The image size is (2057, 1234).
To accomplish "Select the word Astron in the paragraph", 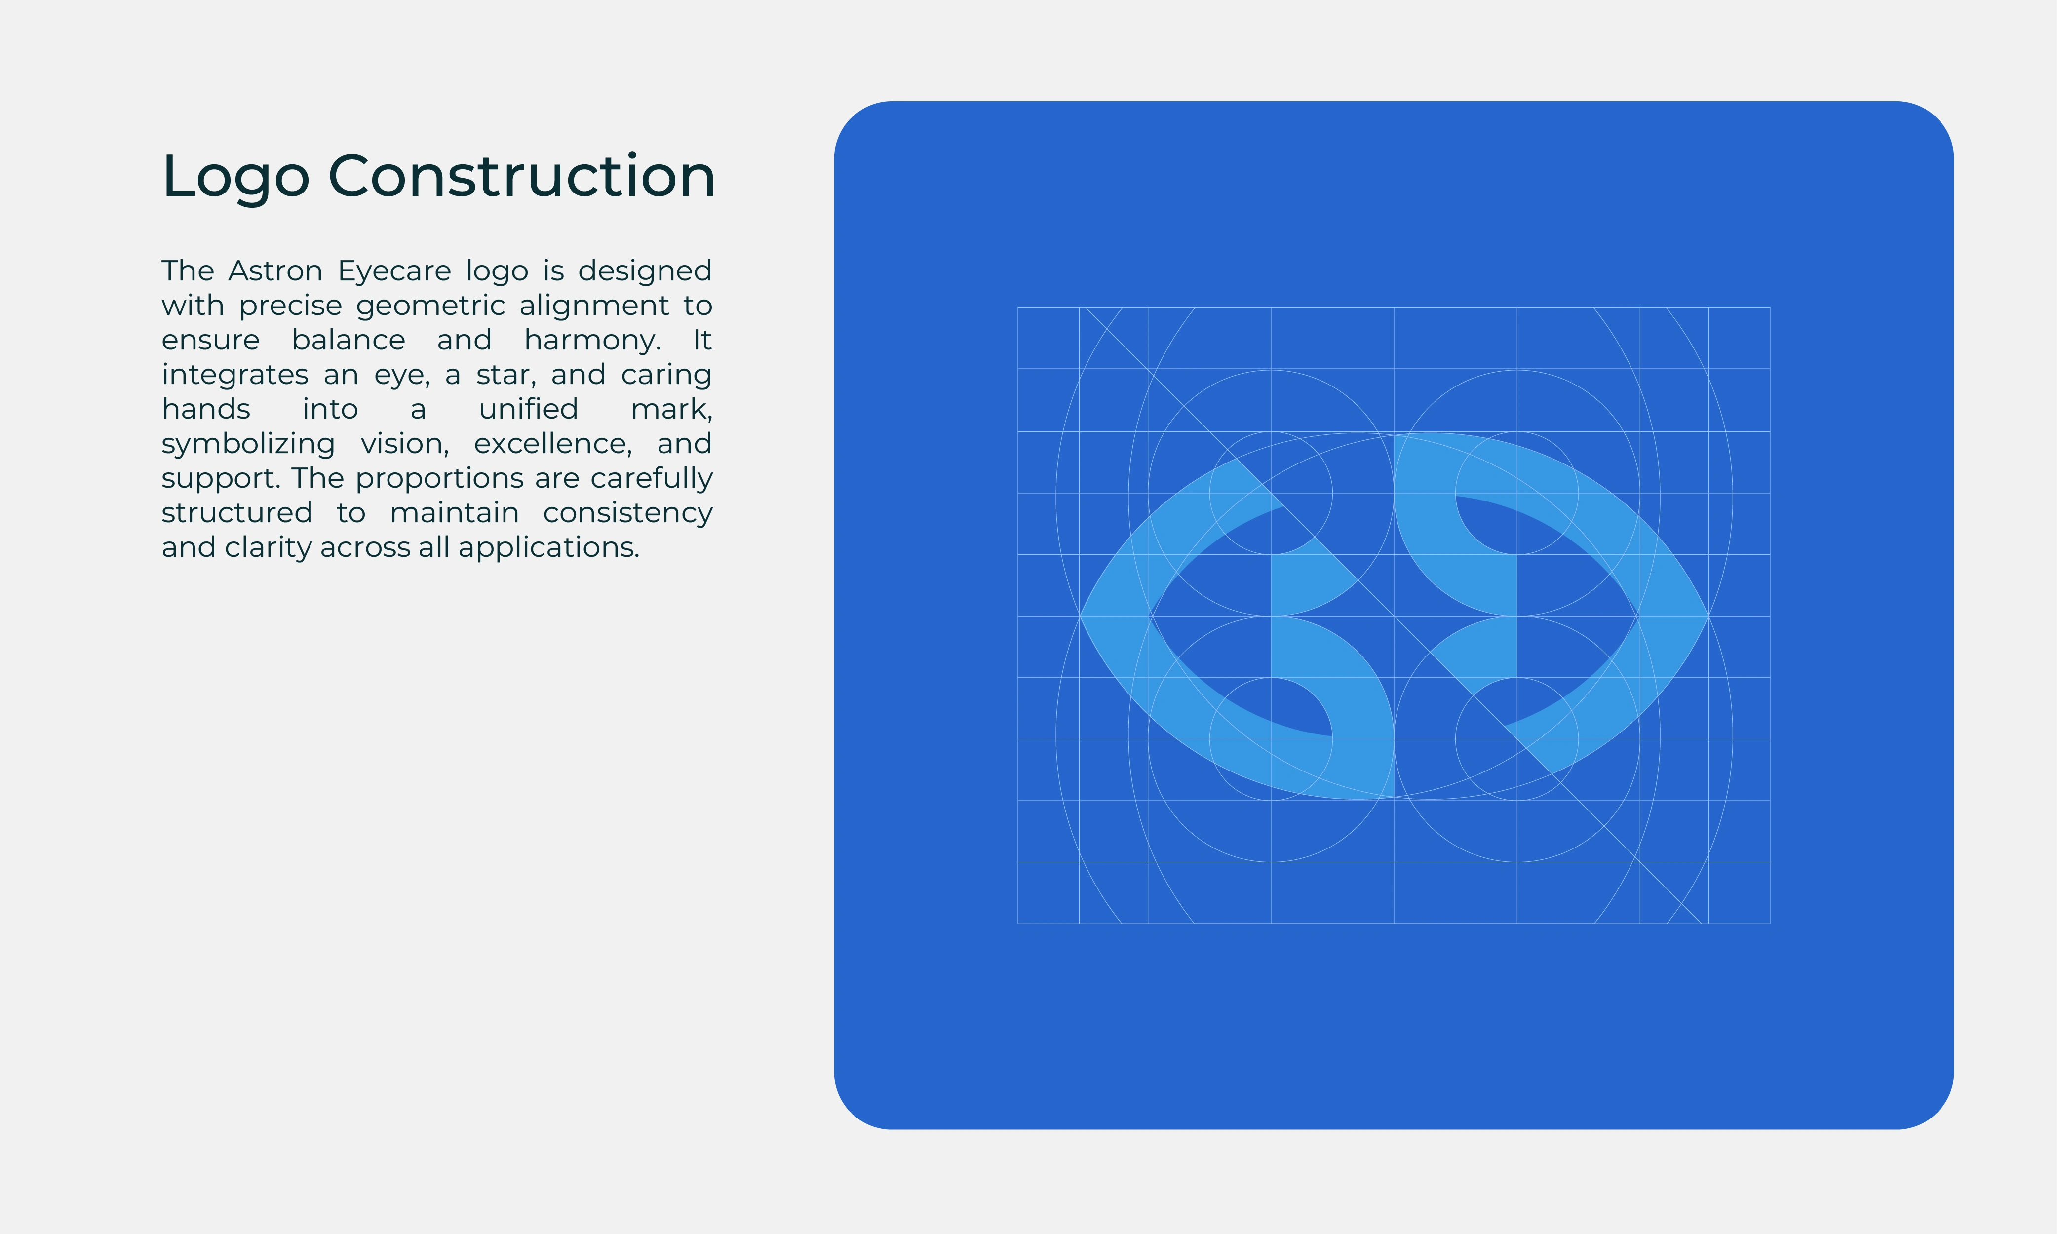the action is (275, 270).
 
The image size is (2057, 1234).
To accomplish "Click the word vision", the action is (405, 444).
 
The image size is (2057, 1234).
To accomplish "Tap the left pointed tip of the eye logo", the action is (1080, 616).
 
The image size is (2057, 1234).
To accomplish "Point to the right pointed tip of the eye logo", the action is (1708, 616).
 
